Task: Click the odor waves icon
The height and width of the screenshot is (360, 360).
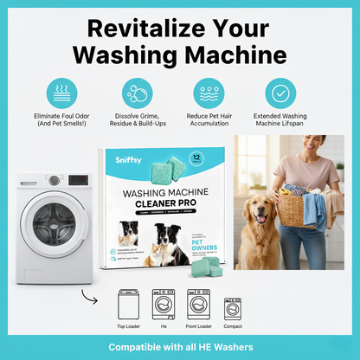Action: coord(59,94)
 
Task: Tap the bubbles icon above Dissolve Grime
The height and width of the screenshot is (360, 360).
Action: coord(135,94)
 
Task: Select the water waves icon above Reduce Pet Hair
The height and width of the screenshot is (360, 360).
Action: coord(208,94)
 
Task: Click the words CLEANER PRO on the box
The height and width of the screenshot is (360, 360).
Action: coord(170,197)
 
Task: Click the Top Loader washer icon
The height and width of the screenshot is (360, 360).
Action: coord(129,305)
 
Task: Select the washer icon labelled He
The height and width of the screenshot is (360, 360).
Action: coord(164,305)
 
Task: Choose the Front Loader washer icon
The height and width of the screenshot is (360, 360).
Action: coord(198,305)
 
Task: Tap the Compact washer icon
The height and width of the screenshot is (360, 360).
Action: coord(232,307)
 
